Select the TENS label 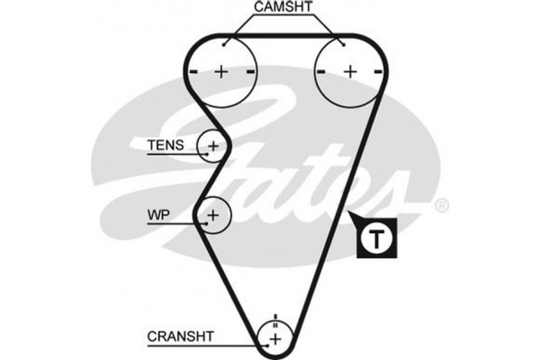pyautogui.click(x=166, y=145)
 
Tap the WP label pyautogui.click(x=158, y=216)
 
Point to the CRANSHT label pyautogui.click(x=180, y=337)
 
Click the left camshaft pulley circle pyautogui.click(x=222, y=71)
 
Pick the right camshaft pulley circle pyautogui.click(x=349, y=71)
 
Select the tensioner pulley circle pyautogui.click(x=214, y=145)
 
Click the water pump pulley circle pyautogui.click(x=213, y=215)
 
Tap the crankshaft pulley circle pyautogui.click(x=276, y=337)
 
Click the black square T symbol pyautogui.click(x=376, y=238)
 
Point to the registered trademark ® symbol pyautogui.click(x=441, y=206)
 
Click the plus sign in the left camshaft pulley pyautogui.click(x=222, y=71)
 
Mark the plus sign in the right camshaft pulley pyautogui.click(x=349, y=71)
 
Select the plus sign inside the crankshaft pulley pyautogui.click(x=276, y=337)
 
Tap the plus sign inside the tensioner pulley pyautogui.click(x=214, y=145)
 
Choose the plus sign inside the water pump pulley pyautogui.click(x=213, y=215)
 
